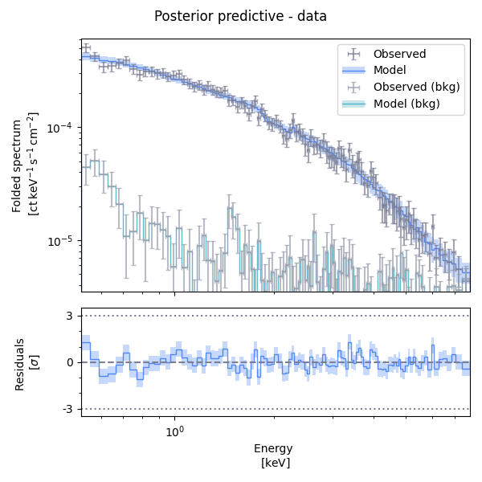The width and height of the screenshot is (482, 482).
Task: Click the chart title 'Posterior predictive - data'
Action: (x=240, y=16)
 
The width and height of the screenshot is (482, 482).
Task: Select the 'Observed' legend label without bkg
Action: (x=399, y=54)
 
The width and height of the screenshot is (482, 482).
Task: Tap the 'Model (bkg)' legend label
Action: (x=406, y=104)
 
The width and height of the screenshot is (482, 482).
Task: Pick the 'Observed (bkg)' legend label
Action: (x=416, y=87)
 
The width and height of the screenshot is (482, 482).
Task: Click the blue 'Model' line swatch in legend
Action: (x=353, y=71)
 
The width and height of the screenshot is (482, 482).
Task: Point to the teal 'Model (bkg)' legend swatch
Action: (x=353, y=104)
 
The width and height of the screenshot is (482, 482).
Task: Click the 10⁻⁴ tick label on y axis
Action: (x=59, y=127)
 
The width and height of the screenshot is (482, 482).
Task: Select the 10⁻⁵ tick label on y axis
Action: (x=59, y=241)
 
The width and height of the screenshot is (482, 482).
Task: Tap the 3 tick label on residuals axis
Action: (x=69, y=316)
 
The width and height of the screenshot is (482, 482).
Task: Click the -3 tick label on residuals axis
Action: (x=67, y=409)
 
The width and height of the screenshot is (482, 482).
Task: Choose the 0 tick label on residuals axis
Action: (x=70, y=362)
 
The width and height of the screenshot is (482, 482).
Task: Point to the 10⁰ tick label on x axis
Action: (x=175, y=431)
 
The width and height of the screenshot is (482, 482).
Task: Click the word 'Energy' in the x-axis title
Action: (x=273, y=449)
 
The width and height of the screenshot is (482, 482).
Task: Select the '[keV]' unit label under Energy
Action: (x=276, y=463)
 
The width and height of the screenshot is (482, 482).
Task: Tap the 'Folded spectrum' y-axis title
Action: (x=16, y=166)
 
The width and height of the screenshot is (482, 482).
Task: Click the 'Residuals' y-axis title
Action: (x=19, y=365)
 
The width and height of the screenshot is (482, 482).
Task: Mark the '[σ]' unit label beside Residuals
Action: (x=35, y=362)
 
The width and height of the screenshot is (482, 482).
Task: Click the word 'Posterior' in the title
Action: (x=184, y=16)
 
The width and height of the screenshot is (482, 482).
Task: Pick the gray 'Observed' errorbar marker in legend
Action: (x=353, y=54)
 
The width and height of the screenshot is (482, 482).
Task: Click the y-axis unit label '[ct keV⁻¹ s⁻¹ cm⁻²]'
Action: (x=33, y=164)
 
